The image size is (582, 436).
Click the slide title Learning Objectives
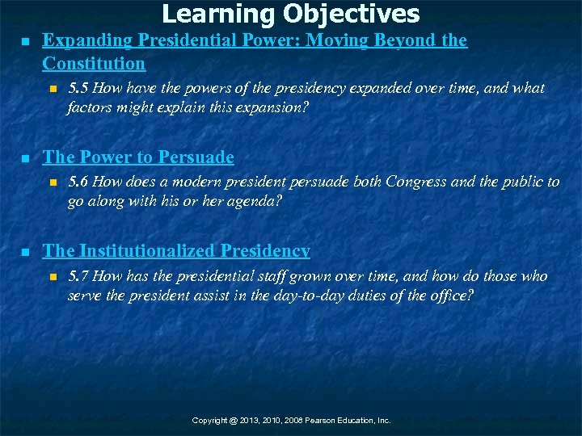point(291,14)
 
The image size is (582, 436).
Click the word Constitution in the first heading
point(94,63)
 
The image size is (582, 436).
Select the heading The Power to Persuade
point(137,157)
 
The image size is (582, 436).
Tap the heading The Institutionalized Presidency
point(175,251)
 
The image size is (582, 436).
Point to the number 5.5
point(78,88)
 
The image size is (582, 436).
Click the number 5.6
point(78,182)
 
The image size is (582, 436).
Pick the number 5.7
point(78,277)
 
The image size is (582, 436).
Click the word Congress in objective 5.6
point(414,182)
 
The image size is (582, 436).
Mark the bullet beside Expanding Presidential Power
point(25,41)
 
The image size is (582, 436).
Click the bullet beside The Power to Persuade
point(25,158)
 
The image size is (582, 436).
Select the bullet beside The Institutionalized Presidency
point(25,252)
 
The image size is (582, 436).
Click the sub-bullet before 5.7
point(53,277)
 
